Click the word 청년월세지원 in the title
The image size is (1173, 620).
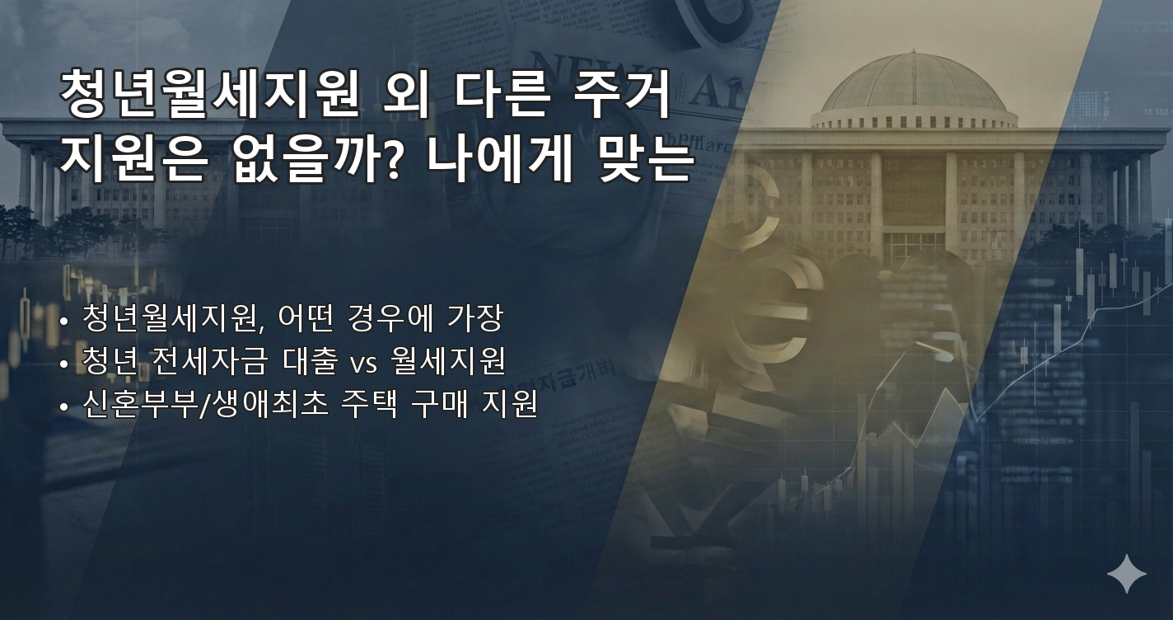click(x=209, y=97)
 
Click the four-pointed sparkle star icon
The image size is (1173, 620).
click(x=1126, y=573)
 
